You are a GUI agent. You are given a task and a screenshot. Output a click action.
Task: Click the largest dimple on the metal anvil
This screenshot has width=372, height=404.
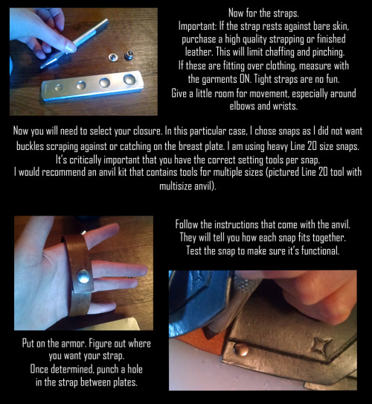[129, 79]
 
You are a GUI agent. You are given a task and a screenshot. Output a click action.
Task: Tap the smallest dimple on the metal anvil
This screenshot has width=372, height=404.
[59, 87]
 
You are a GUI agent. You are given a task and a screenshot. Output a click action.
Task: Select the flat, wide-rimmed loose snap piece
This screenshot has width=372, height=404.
[113, 57]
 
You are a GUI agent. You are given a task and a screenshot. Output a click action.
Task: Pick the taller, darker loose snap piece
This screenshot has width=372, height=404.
[129, 55]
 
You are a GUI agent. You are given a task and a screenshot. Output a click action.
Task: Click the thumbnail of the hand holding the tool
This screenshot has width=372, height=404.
[70, 47]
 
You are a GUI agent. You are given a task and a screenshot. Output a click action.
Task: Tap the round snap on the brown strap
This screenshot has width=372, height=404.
[83, 277]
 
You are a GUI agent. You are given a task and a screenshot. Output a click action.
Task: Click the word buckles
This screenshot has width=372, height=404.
[31, 146]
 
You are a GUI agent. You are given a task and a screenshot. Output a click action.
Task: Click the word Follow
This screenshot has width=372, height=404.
[187, 224]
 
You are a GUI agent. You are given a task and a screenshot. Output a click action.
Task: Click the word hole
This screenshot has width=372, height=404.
[135, 369]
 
